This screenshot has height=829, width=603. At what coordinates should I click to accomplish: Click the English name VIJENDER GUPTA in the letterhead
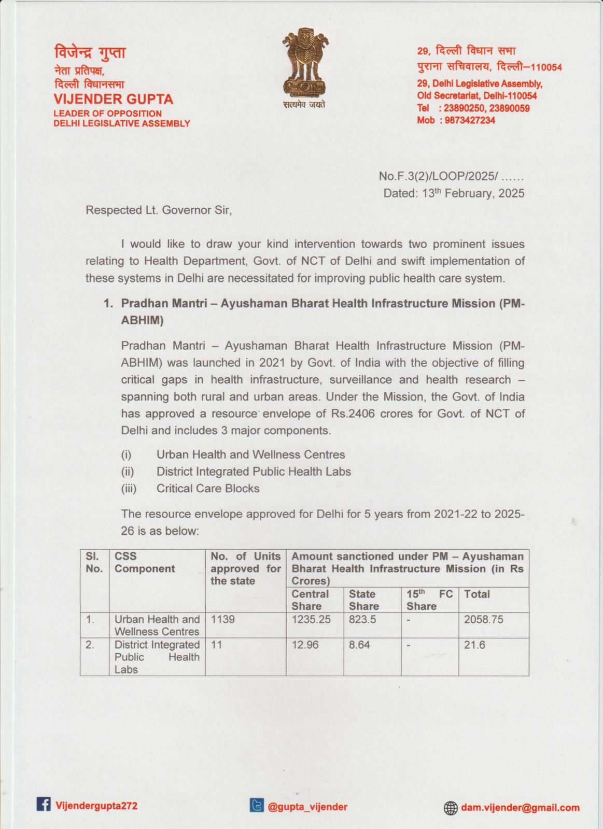pyautogui.click(x=114, y=99)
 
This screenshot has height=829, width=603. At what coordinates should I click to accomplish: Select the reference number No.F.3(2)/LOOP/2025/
pyautogui.click(x=439, y=176)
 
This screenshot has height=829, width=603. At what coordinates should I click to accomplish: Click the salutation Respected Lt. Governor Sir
pyautogui.click(x=158, y=210)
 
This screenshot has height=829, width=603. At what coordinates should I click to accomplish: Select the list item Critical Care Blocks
pyautogui.click(x=208, y=489)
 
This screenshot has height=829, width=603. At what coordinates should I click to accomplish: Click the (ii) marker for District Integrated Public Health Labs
pyautogui.click(x=128, y=471)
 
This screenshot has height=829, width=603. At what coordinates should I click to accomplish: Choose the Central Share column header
pyautogui.click(x=310, y=600)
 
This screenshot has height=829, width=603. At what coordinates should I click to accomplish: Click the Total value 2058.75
pyautogui.click(x=483, y=620)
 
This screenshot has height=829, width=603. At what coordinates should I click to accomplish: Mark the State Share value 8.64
pyautogui.click(x=359, y=645)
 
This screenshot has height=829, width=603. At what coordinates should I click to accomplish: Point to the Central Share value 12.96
pyautogui.click(x=305, y=645)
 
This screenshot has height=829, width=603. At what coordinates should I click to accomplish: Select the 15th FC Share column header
pyautogui.click(x=429, y=600)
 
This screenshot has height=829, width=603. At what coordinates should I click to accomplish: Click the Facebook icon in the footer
pyautogui.click(x=44, y=804)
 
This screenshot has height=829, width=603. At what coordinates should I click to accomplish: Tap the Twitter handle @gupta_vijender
pyautogui.click(x=307, y=807)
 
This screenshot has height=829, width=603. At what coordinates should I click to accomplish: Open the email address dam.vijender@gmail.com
pyautogui.click(x=520, y=808)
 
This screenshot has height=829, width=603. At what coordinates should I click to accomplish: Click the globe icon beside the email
pyautogui.click(x=451, y=808)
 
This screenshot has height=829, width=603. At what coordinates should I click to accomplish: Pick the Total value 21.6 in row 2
pyautogui.click(x=472, y=645)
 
